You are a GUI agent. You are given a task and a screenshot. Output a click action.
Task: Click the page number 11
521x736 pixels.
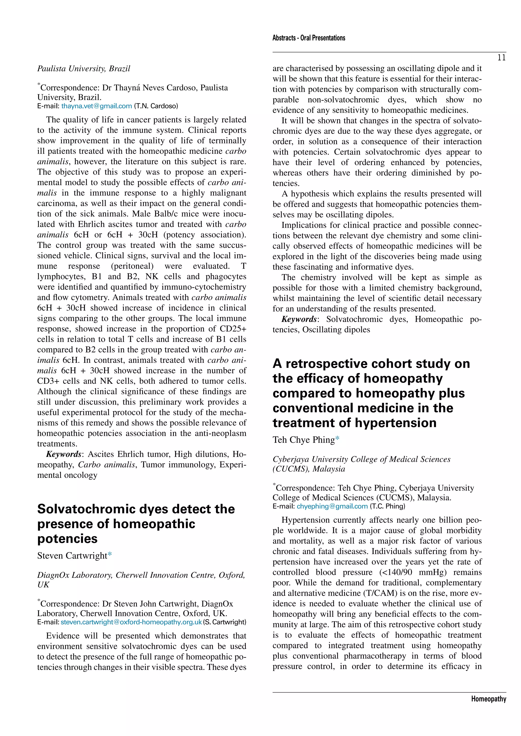tap(501, 58)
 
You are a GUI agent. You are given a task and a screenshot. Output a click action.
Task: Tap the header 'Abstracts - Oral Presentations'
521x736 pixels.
tap(309, 38)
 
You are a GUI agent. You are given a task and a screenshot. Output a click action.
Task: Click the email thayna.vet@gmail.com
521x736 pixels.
tap(97, 106)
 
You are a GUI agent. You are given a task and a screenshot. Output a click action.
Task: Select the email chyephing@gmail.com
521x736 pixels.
tap(332, 506)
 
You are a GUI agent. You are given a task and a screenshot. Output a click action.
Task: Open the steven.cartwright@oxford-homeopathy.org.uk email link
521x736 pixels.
tap(131, 622)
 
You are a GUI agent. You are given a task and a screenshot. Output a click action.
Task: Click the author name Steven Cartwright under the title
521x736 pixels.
tap(72, 556)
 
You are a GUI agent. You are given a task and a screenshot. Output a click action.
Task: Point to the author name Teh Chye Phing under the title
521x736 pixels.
tap(303, 440)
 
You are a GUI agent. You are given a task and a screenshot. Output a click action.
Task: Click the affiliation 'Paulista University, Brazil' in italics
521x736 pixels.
tap(83, 69)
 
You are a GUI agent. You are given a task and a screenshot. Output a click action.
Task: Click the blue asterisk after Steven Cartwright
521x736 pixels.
tap(110, 555)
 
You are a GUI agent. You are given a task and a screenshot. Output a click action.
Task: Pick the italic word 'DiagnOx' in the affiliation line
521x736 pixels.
tap(53, 575)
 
